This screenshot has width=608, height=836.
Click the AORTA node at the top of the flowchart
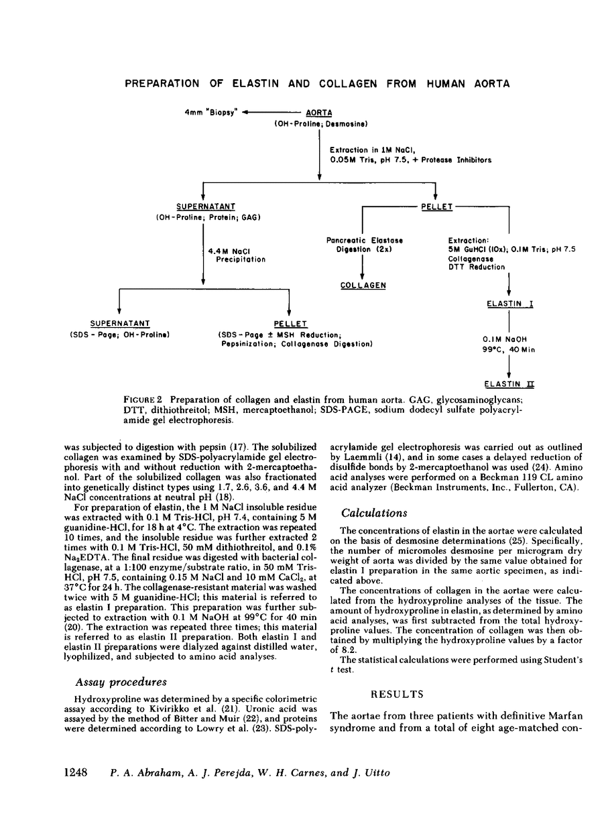pos(319,113)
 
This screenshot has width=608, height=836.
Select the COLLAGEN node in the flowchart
pos(363,285)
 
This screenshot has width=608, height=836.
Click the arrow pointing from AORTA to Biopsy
pos(268,113)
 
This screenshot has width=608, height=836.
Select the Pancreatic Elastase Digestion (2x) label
pos(364,244)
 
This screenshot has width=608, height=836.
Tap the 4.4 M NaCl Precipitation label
pos(237,255)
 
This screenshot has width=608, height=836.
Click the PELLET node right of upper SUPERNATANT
pos(436,207)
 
